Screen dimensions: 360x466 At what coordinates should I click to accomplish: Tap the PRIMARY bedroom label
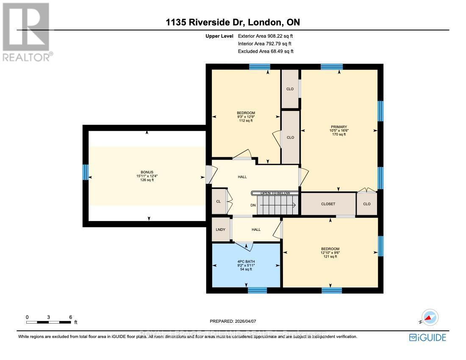pyautogui.click(x=338, y=127)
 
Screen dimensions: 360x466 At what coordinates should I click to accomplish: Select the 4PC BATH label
pyautogui.click(x=245, y=261)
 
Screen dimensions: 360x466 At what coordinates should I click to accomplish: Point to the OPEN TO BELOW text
pyautogui.click(x=275, y=193)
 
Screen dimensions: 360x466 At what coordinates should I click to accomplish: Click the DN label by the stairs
pyautogui.click(x=253, y=205)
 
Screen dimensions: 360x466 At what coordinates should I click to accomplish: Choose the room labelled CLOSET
pyautogui.click(x=328, y=204)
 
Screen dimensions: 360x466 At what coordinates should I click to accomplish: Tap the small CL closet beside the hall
pyautogui.click(x=219, y=201)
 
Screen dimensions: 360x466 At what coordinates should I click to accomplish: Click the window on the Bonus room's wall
pyautogui.click(x=85, y=172)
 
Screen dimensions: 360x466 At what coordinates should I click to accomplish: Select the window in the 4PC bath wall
pyautogui.click(x=257, y=290)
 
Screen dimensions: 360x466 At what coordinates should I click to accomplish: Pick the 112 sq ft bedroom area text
pyautogui.click(x=245, y=121)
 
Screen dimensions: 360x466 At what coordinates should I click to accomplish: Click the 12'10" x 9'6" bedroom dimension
pyautogui.click(x=330, y=253)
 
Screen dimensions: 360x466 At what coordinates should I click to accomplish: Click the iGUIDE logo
pyautogui.click(x=427, y=338)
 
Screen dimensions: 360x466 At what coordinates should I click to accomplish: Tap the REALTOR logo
pyautogui.click(x=26, y=32)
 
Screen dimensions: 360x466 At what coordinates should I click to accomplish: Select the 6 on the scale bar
pyautogui.click(x=71, y=317)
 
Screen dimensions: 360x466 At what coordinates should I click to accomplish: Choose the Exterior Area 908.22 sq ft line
pyautogui.click(x=265, y=36)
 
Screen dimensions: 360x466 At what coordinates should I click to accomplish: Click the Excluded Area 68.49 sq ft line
pyautogui.click(x=266, y=51)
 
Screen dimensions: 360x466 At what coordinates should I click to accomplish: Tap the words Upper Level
pyautogui.click(x=219, y=36)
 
